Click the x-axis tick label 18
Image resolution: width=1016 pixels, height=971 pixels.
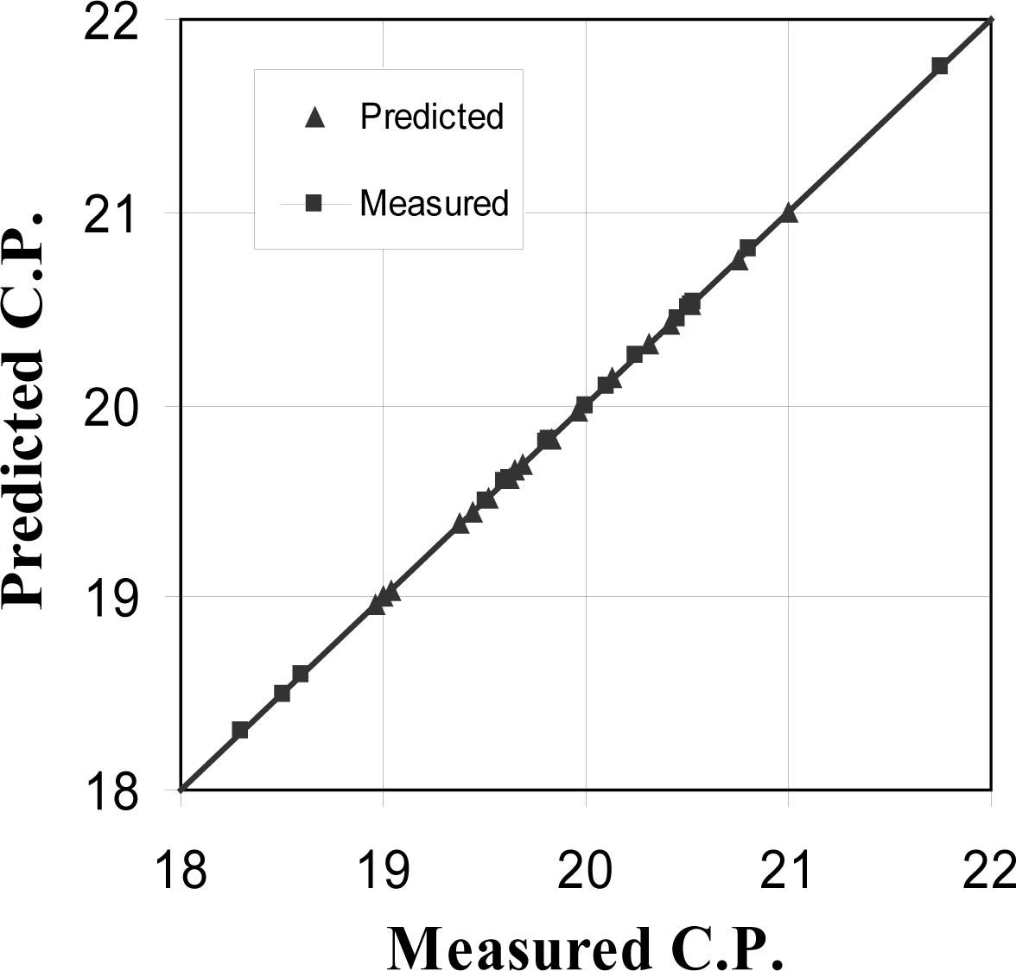(181, 869)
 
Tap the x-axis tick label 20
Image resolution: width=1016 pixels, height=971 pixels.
(586, 869)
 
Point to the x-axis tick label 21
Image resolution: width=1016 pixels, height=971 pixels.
(788, 869)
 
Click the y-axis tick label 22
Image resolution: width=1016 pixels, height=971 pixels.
(111, 21)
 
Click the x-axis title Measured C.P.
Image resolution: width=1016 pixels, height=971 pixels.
(587, 947)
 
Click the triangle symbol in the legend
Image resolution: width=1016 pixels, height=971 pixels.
(314, 117)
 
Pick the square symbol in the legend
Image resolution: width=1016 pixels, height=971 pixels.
(314, 204)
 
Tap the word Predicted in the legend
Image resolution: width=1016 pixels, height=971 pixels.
(431, 116)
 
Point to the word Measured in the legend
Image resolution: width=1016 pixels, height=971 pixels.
(434, 203)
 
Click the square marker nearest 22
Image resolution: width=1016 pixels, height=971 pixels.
(940, 66)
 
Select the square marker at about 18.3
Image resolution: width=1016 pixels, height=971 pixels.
(241, 730)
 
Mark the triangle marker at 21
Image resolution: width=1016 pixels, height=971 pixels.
(788, 213)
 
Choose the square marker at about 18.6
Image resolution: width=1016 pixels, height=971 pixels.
(301, 674)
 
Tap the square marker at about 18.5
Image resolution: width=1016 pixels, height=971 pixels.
(282, 693)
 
